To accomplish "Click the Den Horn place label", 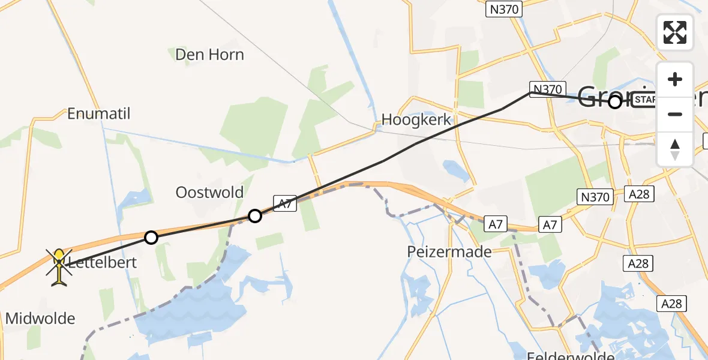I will [209, 55].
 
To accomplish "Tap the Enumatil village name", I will [99, 113].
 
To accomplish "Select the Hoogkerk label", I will [416, 120].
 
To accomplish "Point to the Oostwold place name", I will [209, 193].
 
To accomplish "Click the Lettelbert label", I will [102, 262].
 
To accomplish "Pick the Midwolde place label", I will [40, 319].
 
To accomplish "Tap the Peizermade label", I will [449, 252].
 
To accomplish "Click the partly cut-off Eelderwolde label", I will [564, 356].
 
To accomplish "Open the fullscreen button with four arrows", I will [674, 32].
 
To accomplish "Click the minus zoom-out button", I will [675, 114].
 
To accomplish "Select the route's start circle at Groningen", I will [614, 102].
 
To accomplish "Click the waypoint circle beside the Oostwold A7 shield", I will [255, 215].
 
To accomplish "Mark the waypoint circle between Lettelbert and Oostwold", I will [151, 238].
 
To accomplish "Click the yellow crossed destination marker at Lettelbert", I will [59, 266].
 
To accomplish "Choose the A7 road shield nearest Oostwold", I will [286, 203].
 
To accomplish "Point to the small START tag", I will [645, 100].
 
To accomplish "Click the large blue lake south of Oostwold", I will [192, 318].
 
